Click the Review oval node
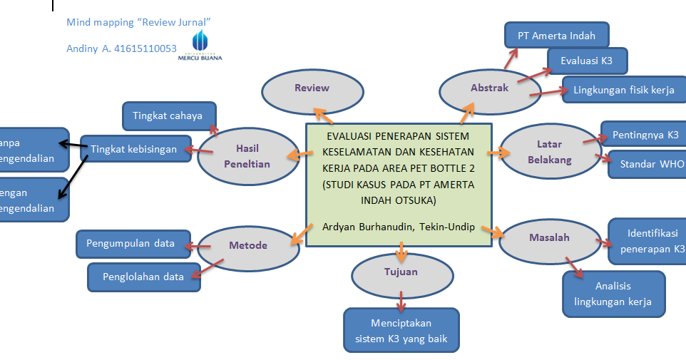tap(312, 88)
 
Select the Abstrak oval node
tap(489, 88)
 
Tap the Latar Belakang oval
tap(549, 153)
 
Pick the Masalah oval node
tap(548, 238)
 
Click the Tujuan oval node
tap(401, 272)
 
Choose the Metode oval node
tap(247, 246)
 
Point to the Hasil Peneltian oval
tap(247, 155)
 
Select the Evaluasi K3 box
tap(586, 61)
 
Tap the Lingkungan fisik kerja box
tap(623, 90)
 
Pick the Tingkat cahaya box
tap(168, 115)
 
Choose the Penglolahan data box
tap(143, 277)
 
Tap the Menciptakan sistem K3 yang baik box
tap(401, 331)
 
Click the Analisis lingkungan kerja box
tap(613, 294)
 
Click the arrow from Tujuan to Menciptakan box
tap(401, 301)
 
